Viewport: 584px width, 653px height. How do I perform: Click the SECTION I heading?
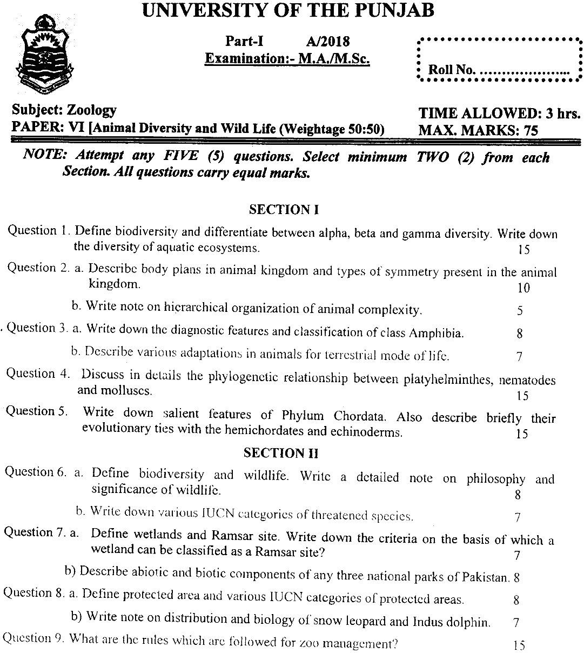[x=284, y=210]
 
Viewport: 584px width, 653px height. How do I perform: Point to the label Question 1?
[x=39, y=231]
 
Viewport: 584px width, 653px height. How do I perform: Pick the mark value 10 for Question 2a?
[x=523, y=288]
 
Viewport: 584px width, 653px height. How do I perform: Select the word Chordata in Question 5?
[x=360, y=417]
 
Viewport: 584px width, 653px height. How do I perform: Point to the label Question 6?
[x=36, y=472]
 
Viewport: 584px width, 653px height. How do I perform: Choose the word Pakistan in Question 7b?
[x=486, y=576]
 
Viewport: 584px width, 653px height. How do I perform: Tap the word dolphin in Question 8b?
[x=468, y=622]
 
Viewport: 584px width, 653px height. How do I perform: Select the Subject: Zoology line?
[x=64, y=110]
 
